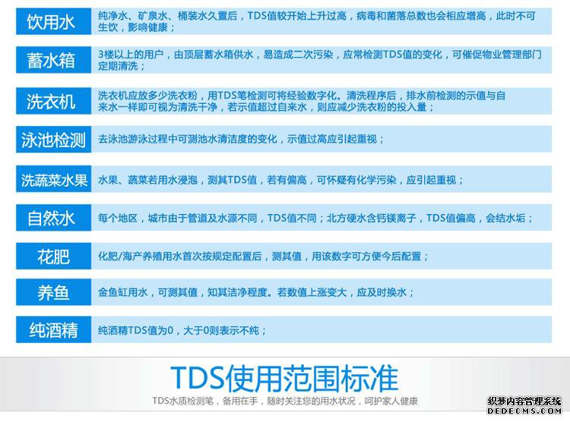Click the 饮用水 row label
(x=50, y=22)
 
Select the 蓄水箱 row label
(x=50, y=60)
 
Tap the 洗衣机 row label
(x=50, y=101)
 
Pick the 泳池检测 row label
(x=53, y=140)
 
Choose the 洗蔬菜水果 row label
(x=54, y=180)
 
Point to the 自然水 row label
(x=51, y=219)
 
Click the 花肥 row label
(x=53, y=257)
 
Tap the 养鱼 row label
(x=53, y=292)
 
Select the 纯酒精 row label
(x=53, y=330)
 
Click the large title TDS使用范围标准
(x=284, y=379)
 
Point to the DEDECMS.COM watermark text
(x=524, y=411)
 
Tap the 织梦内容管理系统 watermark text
(x=524, y=402)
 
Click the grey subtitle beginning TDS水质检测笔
(x=285, y=401)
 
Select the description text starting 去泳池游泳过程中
(x=241, y=139)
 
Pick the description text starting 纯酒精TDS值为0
(x=182, y=330)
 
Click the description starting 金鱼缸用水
(x=255, y=292)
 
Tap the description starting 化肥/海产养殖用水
(x=263, y=257)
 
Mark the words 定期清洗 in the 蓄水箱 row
(x=118, y=66)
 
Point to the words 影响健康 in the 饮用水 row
(x=147, y=27)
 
